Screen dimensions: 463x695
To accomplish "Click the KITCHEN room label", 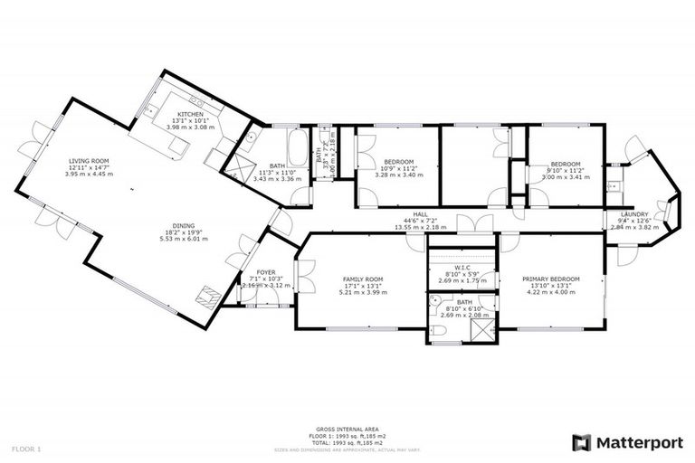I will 177,114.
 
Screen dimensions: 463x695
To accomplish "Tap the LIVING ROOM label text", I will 90,161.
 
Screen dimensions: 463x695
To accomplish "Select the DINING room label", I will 184,226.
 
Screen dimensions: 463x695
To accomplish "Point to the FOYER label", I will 266,271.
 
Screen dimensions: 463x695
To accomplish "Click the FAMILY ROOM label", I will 362,279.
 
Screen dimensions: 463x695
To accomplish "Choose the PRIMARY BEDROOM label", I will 550,279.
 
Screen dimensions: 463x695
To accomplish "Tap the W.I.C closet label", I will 462,269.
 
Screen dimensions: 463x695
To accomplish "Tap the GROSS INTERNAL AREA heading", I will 347,429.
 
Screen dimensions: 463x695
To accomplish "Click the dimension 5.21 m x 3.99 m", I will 362,292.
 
